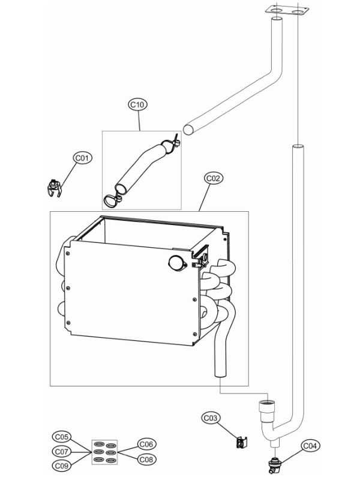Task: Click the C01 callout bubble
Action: pyautogui.click(x=82, y=158)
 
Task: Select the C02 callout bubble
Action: pyautogui.click(x=214, y=178)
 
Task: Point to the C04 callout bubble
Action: pyautogui.click(x=310, y=446)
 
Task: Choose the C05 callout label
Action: pyautogui.click(x=62, y=437)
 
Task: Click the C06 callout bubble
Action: pyautogui.click(x=146, y=444)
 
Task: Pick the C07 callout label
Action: pyautogui.click(x=62, y=450)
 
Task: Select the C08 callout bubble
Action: pyautogui.click(x=146, y=458)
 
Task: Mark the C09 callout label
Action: pyautogui.click(x=62, y=464)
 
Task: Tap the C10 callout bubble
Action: pyautogui.click(x=137, y=104)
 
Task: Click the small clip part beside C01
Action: pyautogui.click(x=55, y=187)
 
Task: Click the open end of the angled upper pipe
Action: pyautogui.click(x=188, y=128)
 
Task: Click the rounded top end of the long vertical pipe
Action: pyautogui.click(x=297, y=148)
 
